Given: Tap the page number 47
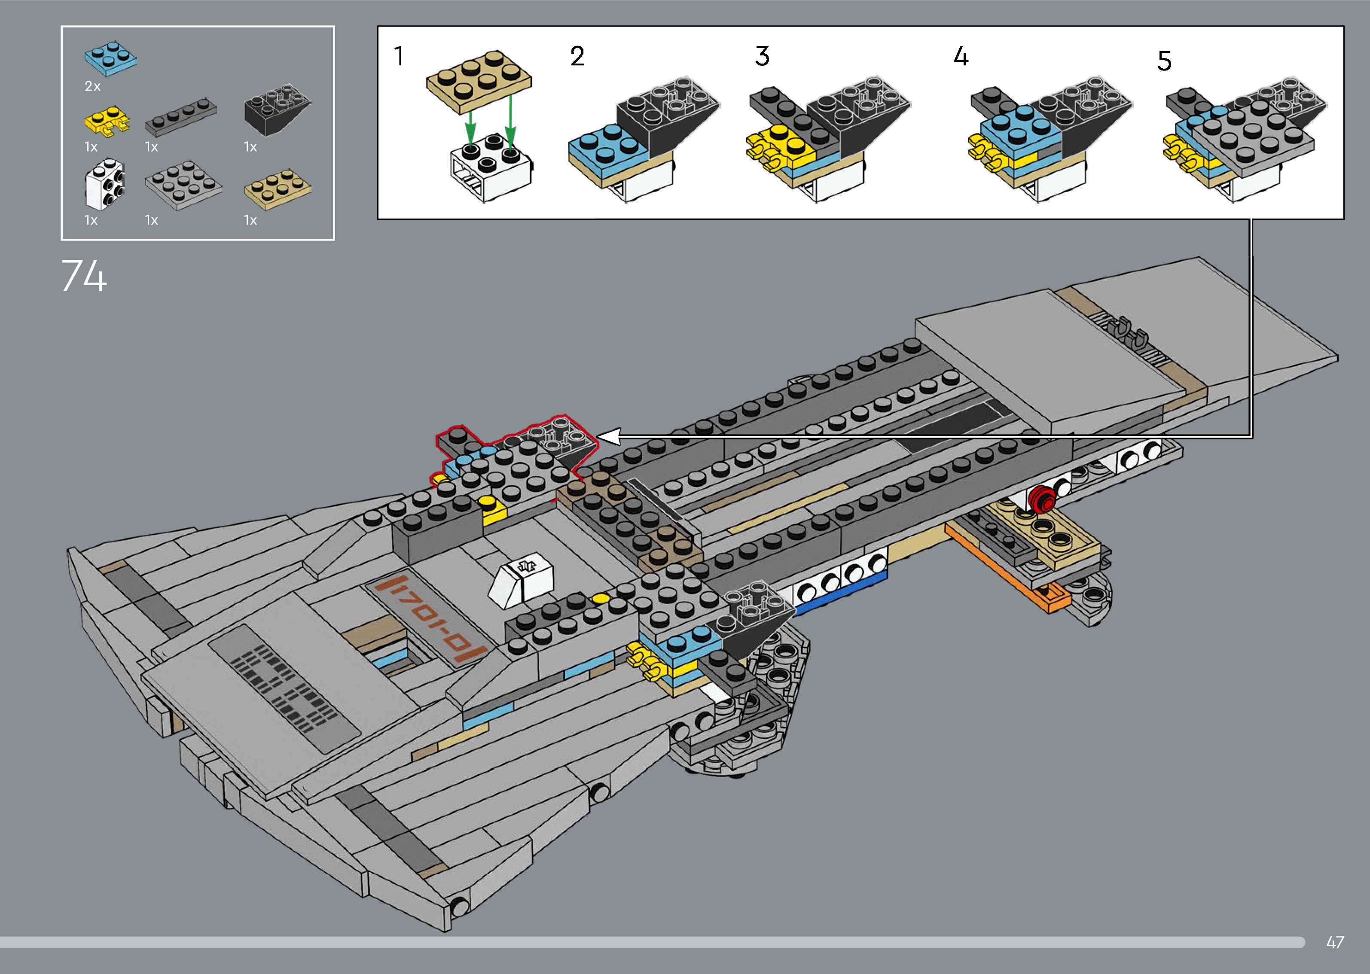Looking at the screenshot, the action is (1335, 942).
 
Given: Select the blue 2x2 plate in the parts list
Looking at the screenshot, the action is (110, 59).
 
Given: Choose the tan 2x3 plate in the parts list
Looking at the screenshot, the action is (278, 189).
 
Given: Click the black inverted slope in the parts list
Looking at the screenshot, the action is (278, 112).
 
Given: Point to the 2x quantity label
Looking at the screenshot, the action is (92, 86).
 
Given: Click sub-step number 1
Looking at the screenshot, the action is (398, 56).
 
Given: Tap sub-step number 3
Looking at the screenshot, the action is (762, 56).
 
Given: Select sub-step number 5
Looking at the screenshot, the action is (1164, 61).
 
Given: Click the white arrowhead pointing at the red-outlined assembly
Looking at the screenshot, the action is (610, 437).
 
